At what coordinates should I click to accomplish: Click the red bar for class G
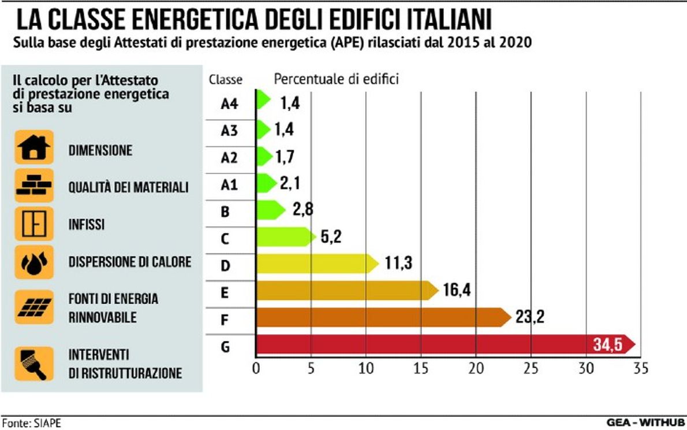(x=421, y=344)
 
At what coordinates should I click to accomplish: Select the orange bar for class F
(x=381, y=317)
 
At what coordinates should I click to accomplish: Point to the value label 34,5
(x=607, y=345)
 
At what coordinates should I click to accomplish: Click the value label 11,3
(x=398, y=264)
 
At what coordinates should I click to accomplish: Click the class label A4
(x=229, y=103)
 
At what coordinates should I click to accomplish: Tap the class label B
(x=226, y=212)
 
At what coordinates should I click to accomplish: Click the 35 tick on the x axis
(x=640, y=369)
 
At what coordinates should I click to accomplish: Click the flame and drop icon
(x=34, y=262)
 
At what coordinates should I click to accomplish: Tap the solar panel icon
(x=34, y=307)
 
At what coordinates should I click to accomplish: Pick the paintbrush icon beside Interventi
(x=34, y=364)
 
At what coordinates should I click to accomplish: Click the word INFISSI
(x=87, y=224)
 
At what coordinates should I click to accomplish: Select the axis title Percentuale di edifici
(x=336, y=79)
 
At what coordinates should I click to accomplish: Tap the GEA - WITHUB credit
(x=645, y=422)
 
